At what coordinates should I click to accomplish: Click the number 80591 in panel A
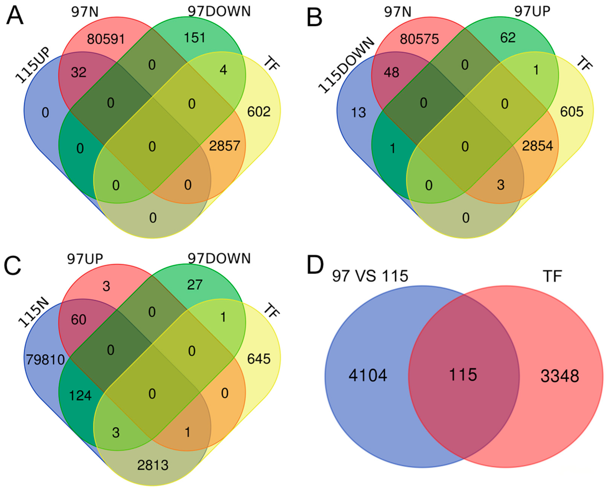[106, 39]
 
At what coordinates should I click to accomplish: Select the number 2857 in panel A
[225, 146]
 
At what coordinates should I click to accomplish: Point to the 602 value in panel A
[259, 112]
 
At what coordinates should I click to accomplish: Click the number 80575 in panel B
[419, 39]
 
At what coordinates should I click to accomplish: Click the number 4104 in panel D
[368, 375]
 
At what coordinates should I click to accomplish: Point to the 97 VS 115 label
[370, 276]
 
